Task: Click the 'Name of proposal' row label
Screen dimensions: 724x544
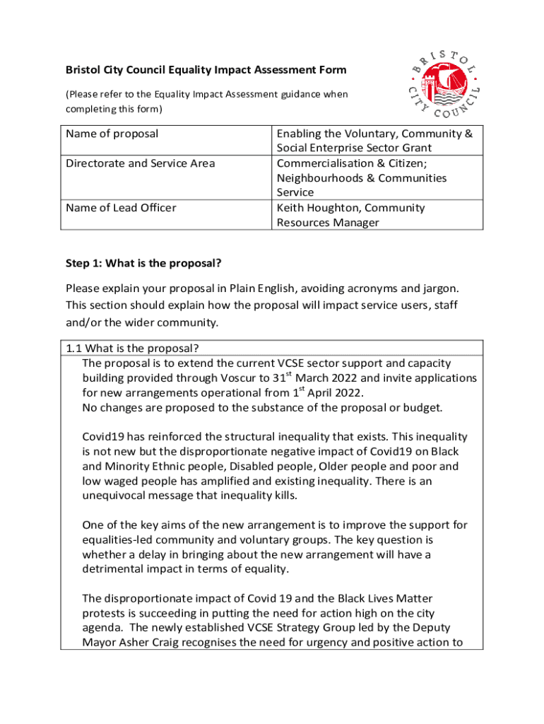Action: point(112,134)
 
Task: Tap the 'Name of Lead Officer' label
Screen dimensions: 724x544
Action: point(121,208)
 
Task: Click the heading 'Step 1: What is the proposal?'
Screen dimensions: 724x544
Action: point(143,264)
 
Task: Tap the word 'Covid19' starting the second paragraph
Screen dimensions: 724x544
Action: point(104,437)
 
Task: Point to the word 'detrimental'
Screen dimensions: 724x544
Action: point(114,569)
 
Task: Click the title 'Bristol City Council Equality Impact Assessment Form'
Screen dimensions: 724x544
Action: point(206,70)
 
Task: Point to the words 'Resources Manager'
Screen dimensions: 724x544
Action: point(328,223)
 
